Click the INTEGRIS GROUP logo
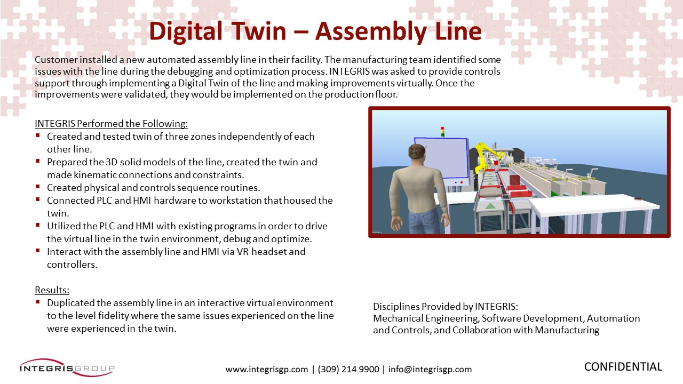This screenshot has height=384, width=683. [x=67, y=367]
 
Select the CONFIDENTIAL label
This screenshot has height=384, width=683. [x=623, y=366]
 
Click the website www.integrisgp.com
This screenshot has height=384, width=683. [x=266, y=370]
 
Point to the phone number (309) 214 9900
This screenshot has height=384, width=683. [x=348, y=370]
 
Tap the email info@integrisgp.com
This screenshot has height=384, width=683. [x=430, y=370]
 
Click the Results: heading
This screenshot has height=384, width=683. [x=52, y=290]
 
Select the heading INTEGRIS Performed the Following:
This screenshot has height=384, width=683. [x=112, y=123]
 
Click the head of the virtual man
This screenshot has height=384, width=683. [x=417, y=154]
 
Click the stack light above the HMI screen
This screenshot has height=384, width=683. [x=442, y=132]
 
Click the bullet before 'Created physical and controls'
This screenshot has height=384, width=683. [x=38, y=187]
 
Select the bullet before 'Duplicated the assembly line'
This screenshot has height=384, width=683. [x=38, y=302]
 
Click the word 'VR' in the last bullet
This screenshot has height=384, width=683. [x=243, y=252]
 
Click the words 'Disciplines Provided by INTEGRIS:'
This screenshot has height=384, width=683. [x=446, y=306]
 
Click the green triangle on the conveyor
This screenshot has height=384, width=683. [x=490, y=206]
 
